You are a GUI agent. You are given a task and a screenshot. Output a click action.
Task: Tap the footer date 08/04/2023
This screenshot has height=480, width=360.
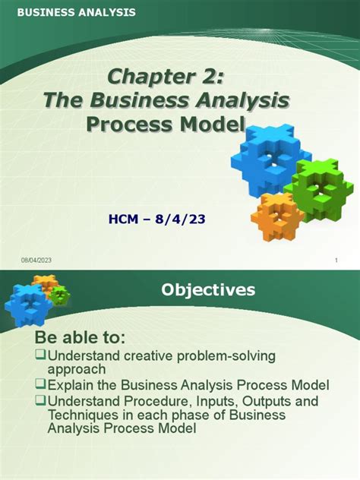click(x=36, y=261)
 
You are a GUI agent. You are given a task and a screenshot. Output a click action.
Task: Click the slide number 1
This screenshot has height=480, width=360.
click(x=335, y=261)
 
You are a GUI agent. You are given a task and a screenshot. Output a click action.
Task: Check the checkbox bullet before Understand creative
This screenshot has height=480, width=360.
click(x=41, y=356)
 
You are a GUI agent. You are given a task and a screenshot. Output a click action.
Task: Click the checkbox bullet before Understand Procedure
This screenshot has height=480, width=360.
click(x=41, y=401)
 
